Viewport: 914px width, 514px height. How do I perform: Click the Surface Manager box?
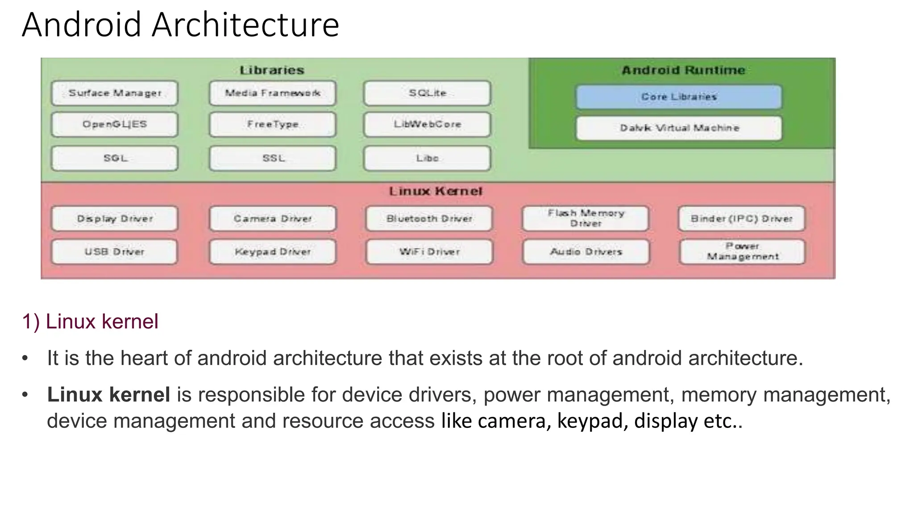coord(115,93)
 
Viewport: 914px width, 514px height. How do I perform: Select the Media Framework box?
coord(272,93)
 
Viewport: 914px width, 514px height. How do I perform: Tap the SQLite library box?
coord(427,93)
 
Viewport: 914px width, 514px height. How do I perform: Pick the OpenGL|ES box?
coord(115,124)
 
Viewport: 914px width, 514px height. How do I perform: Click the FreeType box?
coord(272,124)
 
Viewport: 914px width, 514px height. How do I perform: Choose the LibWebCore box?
coord(427,124)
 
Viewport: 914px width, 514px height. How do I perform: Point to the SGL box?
coord(115,158)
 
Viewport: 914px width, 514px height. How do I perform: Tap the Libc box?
coord(427,158)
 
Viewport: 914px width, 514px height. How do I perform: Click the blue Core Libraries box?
coord(679,97)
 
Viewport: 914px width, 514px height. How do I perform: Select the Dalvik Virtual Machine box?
coord(679,128)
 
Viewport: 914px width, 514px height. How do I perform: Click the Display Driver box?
coord(115,219)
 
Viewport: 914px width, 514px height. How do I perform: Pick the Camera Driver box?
coord(272,219)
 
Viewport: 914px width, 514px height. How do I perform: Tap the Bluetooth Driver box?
coord(429,219)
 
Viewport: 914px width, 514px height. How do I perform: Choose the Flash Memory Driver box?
coord(586,218)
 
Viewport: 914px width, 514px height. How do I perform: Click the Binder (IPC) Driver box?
coord(741,219)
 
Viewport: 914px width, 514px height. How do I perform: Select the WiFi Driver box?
coord(429,252)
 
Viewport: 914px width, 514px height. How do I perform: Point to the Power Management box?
coord(742,252)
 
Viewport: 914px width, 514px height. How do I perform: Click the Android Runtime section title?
coord(683,70)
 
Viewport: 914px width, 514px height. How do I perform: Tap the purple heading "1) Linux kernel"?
coord(90,322)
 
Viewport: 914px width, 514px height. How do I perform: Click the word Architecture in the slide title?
coord(245,25)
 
